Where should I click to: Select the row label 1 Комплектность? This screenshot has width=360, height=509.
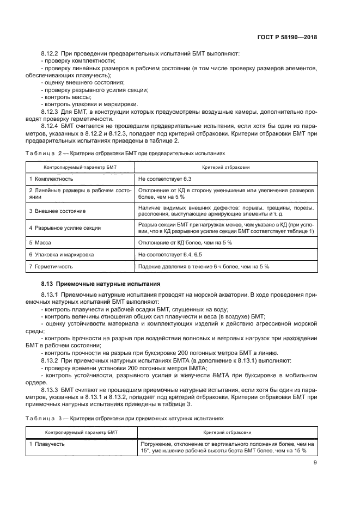pyautogui.click(x=51, y=179)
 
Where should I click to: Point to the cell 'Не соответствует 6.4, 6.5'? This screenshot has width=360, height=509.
pyautogui.click(x=170, y=254)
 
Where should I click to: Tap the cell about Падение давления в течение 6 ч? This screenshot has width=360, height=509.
pyautogui.click(x=204, y=267)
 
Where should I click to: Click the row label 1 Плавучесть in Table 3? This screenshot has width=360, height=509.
pyautogui.click(x=47, y=444)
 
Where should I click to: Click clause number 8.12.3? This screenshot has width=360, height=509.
pyautogui.click(x=51, y=111)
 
